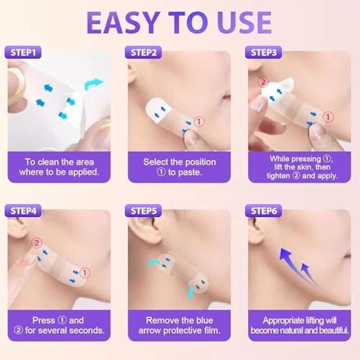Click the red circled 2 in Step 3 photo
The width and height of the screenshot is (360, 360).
click(x=263, y=83)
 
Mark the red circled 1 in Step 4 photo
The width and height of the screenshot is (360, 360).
click(x=85, y=272)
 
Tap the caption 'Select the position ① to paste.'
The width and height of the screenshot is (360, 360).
click(x=180, y=166)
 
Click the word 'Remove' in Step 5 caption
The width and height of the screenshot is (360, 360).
click(x=160, y=320)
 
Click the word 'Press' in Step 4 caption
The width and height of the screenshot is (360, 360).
click(x=43, y=320)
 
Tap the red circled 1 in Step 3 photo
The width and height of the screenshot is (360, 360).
click(x=330, y=117)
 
